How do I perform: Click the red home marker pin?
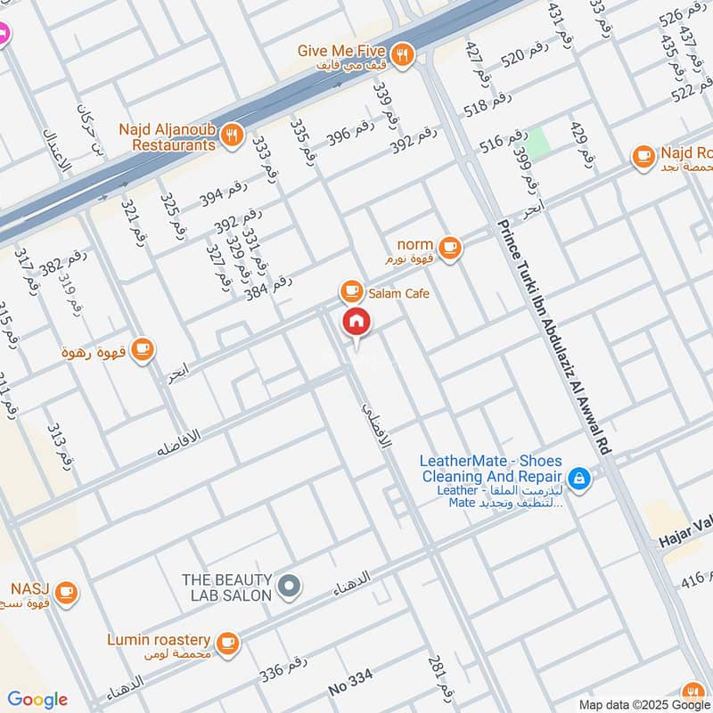(x=356, y=322)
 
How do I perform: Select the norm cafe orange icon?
(x=450, y=247)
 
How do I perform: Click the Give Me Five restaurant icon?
(x=403, y=55)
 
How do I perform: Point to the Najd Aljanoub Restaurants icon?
(x=232, y=135)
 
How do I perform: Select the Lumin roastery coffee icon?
(x=228, y=641)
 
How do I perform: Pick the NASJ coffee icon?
(x=65, y=590)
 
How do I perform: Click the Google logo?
(x=37, y=700)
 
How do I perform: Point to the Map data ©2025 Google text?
(x=643, y=703)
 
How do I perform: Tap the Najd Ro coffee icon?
(x=642, y=157)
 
